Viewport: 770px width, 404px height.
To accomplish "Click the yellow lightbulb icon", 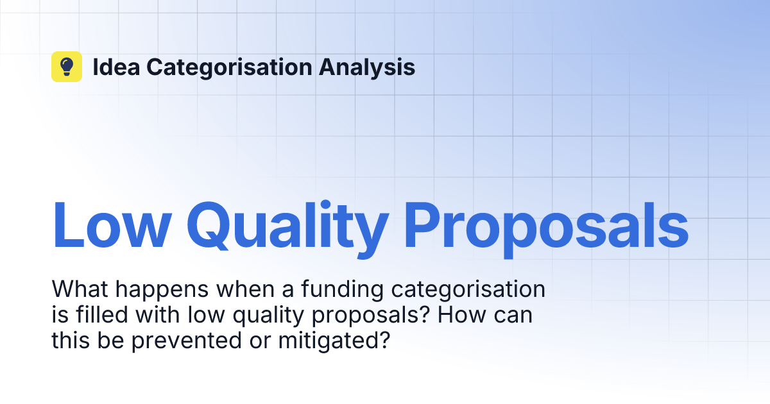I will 67,67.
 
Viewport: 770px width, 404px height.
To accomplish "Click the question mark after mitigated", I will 384,341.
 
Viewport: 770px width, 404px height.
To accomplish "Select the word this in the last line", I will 69,341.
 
